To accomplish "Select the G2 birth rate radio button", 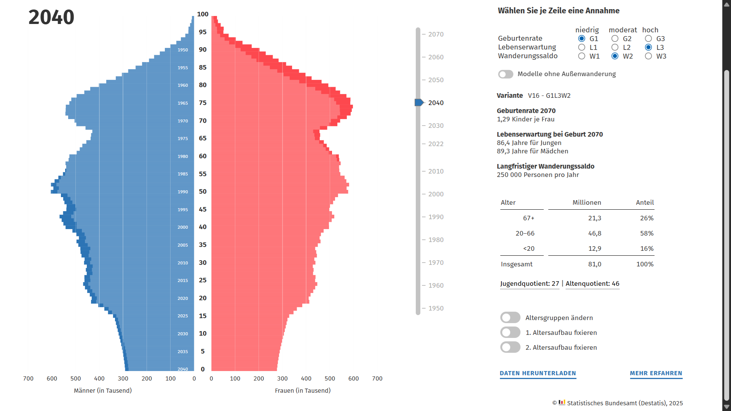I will coord(615,39).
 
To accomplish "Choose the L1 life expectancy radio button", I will coord(582,48).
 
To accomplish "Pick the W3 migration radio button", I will coord(648,56).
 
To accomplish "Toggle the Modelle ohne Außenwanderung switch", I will coord(506,74).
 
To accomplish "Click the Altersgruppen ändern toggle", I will coord(510,318).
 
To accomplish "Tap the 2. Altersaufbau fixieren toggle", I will coord(510,347).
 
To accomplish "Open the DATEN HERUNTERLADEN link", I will coord(538,373).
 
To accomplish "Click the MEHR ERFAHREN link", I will coord(656,373).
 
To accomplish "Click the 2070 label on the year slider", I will coord(436,34).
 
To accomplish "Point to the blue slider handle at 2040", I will coord(419,103).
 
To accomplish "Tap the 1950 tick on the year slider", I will coord(436,308).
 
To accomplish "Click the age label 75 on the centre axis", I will coord(203,103).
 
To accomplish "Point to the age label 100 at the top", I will coord(203,14).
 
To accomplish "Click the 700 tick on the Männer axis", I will coord(28,379).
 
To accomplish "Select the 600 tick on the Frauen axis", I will coord(353,379).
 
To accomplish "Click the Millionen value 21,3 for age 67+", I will coord(594,218).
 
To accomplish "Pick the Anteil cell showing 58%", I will coord(646,233).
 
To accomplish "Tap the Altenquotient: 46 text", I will coord(592,284).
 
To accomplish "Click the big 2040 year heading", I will coord(51,17).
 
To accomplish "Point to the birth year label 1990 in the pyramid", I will coord(183,192).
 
